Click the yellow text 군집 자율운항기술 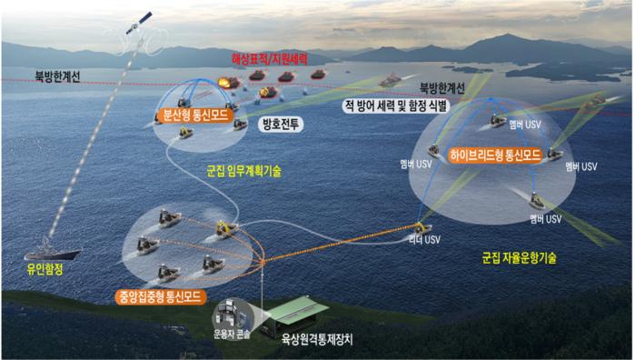pos(520,258)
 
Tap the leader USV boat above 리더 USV pos(422,227)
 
